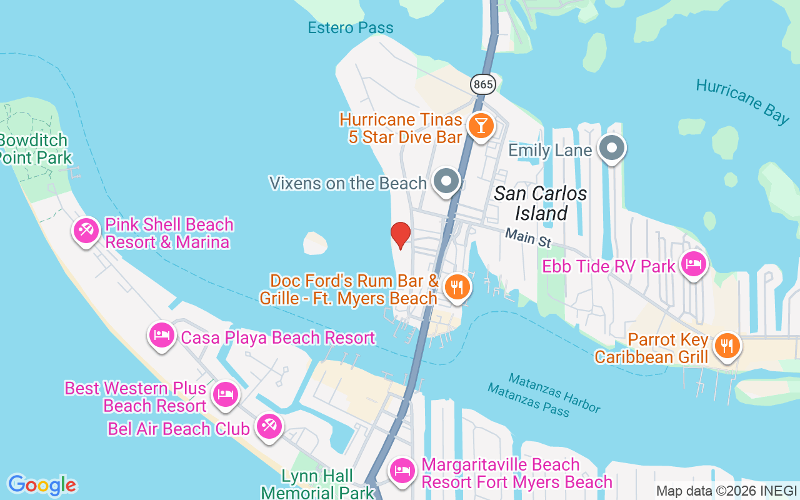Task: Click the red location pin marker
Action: (400, 235)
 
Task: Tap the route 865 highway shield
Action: (483, 84)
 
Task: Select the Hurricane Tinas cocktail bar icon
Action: (481, 126)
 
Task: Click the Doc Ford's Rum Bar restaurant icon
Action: (457, 287)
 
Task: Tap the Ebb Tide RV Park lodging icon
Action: (694, 264)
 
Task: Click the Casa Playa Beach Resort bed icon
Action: (162, 335)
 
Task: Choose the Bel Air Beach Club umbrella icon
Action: (269, 426)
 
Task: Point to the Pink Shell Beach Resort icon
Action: (86, 231)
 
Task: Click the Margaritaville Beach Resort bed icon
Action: (402, 471)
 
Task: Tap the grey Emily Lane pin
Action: (612, 148)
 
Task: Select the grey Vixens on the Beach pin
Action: (446, 181)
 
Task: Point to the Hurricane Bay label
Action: (742, 101)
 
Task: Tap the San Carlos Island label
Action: (541, 203)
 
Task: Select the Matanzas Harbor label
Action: (554, 392)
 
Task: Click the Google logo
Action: (42, 485)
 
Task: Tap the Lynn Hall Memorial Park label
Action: (317, 484)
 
